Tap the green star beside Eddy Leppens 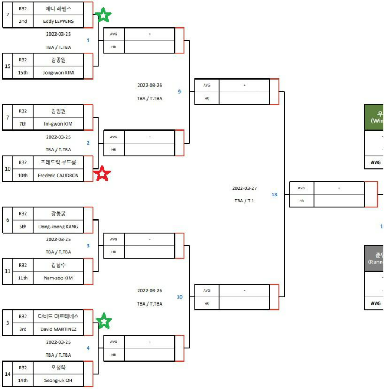tap(103, 15)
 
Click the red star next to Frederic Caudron tap(102, 174)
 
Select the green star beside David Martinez tap(104, 321)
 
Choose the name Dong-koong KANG tap(58, 227)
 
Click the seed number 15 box tap(8, 66)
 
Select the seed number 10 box tap(8, 168)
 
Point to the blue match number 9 tap(179, 92)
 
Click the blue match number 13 tap(274, 194)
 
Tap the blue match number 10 tap(179, 297)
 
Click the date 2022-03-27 tap(244, 188)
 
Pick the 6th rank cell tap(23, 227)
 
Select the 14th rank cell tap(23, 380)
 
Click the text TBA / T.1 tap(244, 201)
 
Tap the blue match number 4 tap(88, 348)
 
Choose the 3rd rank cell tap(23, 329)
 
